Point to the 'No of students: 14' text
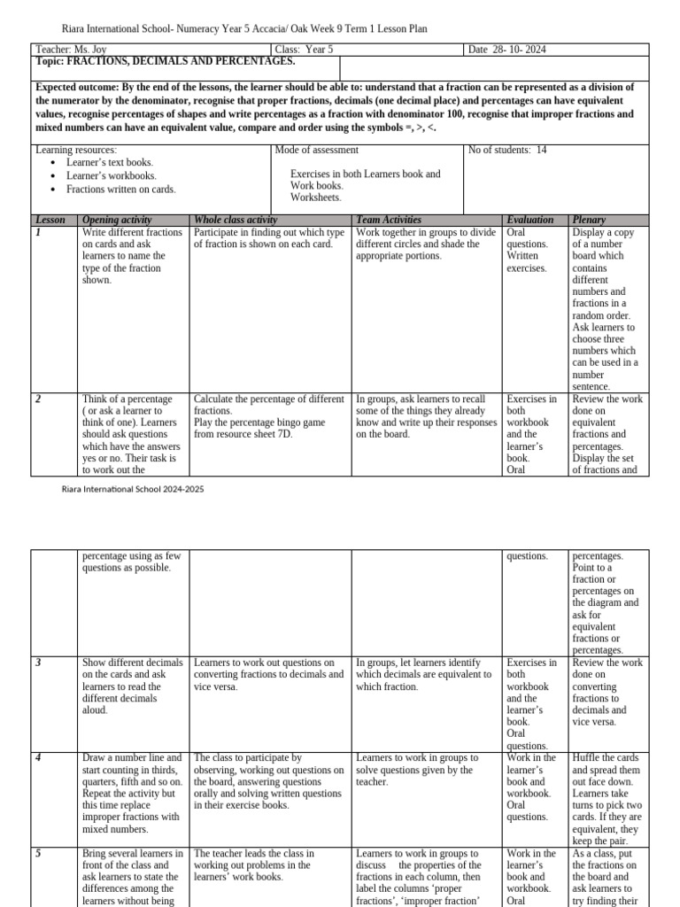508,150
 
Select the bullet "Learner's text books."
110,162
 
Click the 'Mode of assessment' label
317,150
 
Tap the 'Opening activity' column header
117,220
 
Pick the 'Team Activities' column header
389,220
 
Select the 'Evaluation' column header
530,220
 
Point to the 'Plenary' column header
590,220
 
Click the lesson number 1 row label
38,232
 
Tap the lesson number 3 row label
38,663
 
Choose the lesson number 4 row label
38,758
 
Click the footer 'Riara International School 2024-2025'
132,489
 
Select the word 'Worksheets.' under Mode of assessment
316,198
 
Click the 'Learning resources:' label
75,150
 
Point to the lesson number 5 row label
38,854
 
